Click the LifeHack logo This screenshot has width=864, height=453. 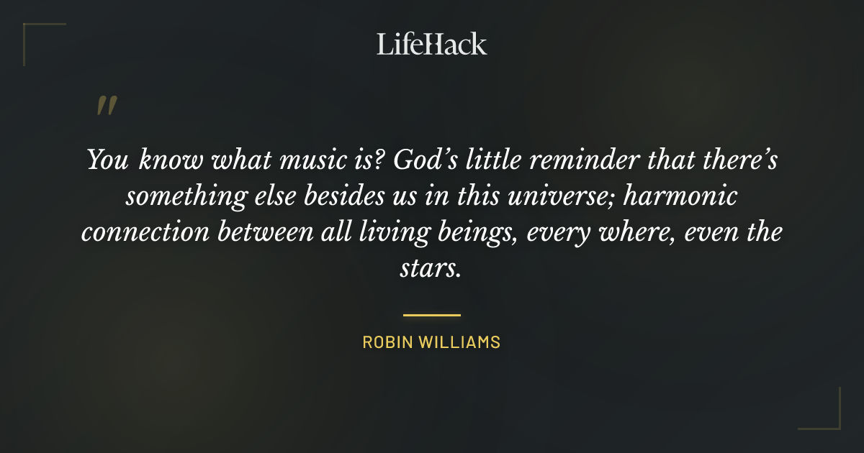pos(432,44)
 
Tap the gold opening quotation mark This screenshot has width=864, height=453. pos(106,106)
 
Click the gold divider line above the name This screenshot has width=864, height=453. pos(432,315)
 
